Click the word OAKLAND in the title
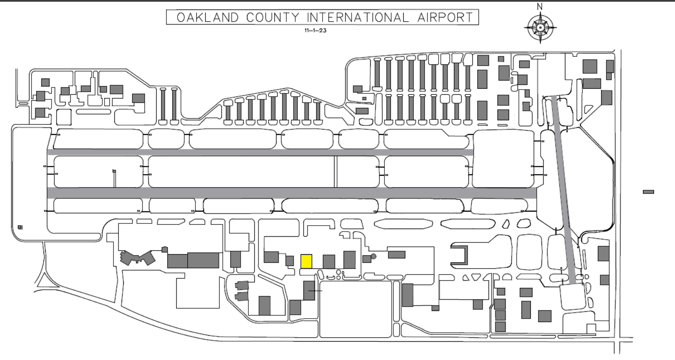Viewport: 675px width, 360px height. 208,17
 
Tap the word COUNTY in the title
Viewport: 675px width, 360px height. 273,17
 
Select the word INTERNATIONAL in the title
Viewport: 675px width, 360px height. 358,17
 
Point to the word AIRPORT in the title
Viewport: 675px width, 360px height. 445,17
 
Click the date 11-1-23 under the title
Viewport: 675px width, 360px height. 315,30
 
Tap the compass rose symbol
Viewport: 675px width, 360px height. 540,28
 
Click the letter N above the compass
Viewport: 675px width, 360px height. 540,7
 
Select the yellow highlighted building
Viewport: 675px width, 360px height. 306,261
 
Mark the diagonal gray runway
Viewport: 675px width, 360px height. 566,190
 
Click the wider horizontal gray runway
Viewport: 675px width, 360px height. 292,193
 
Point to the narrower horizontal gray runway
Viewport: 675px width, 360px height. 260,152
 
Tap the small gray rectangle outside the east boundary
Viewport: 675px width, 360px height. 649,192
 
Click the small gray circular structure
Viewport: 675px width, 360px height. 374,256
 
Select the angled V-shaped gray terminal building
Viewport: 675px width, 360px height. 137,258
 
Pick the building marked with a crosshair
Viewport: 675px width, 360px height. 309,291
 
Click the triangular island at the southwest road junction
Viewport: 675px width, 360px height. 43,281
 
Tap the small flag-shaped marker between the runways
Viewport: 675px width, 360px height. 114,171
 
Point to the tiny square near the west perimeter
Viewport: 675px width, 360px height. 20,227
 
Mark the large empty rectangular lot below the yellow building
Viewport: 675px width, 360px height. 355,309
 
